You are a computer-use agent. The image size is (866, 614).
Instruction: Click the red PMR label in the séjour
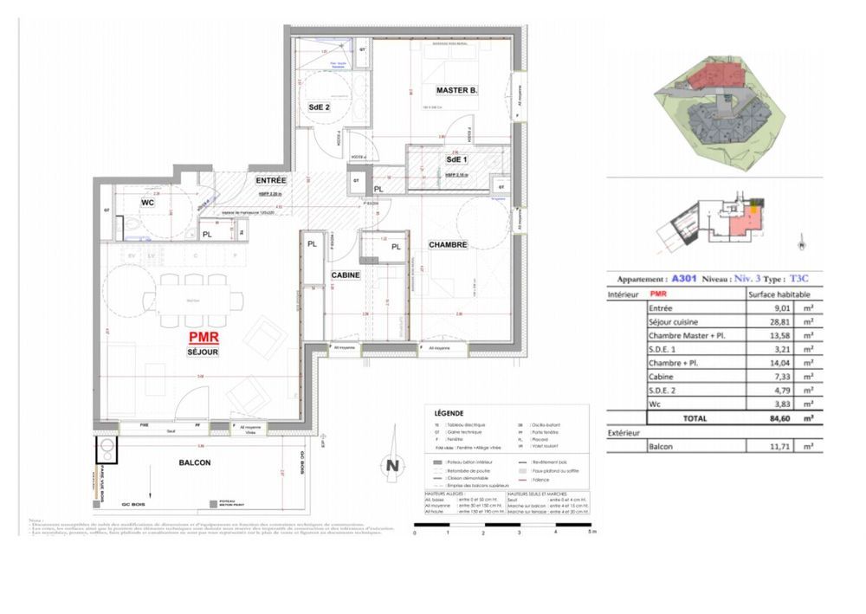[x=204, y=339]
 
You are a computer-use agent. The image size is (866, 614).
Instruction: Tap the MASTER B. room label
[x=457, y=90]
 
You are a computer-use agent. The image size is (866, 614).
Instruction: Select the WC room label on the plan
[x=147, y=203]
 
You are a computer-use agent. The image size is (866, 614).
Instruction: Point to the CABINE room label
[x=346, y=275]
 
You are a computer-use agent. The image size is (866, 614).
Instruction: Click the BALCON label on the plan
[x=195, y=462]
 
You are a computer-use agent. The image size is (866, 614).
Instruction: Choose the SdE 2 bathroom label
[x=320, y=107]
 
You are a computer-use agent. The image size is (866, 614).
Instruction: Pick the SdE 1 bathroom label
[x=456, y=160]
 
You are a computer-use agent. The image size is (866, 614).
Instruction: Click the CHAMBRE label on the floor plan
[x=448, y=245]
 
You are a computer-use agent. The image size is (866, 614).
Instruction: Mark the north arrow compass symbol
[x=392, y=465]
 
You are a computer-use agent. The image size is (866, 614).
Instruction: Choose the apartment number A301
[x=685, y=280]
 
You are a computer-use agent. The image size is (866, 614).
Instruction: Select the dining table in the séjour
[x=188, y=301]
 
